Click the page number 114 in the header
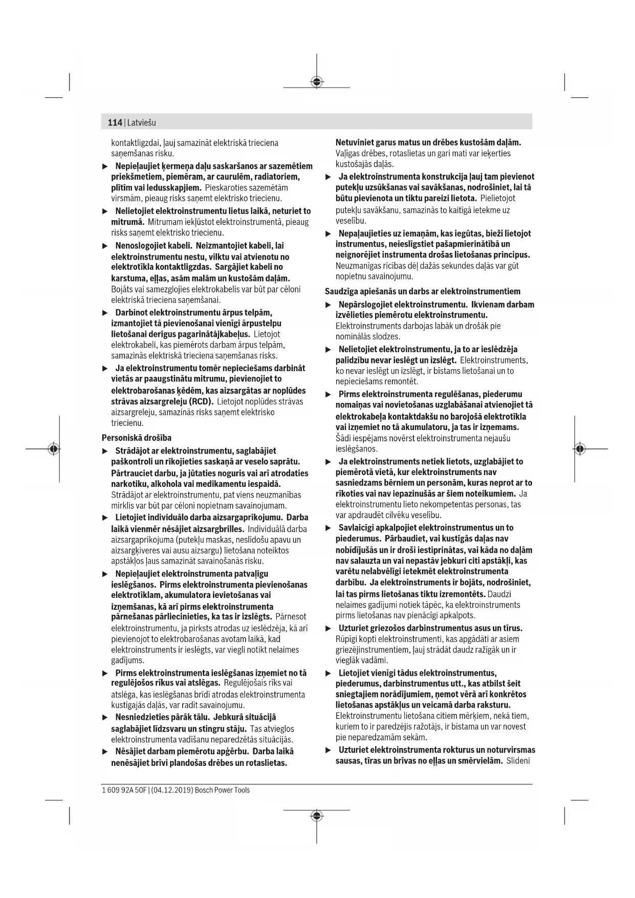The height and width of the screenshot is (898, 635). [x=115, y=123]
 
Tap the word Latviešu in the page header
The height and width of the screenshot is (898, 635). [x=142, y=123]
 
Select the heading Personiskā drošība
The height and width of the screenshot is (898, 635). [x=137, y=438]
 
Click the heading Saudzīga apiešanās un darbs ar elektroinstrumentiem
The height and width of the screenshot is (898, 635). [x=423, y=292]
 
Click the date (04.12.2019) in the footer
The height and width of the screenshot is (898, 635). [x=172, y=790]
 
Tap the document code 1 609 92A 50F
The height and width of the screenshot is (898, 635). [x=123, y=790]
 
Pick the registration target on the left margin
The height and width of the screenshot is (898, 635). [x=53, y=449]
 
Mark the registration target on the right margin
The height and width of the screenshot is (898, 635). [x=579, y=449]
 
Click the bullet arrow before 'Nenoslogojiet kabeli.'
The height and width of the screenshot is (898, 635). [x=105, y=246]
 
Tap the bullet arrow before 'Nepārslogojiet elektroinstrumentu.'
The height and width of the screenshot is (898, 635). [x=329, y=305]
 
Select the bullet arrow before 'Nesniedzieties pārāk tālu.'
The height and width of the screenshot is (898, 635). [x=105, y=718]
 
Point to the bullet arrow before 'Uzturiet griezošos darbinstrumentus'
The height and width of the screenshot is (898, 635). [x=329, y=629]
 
